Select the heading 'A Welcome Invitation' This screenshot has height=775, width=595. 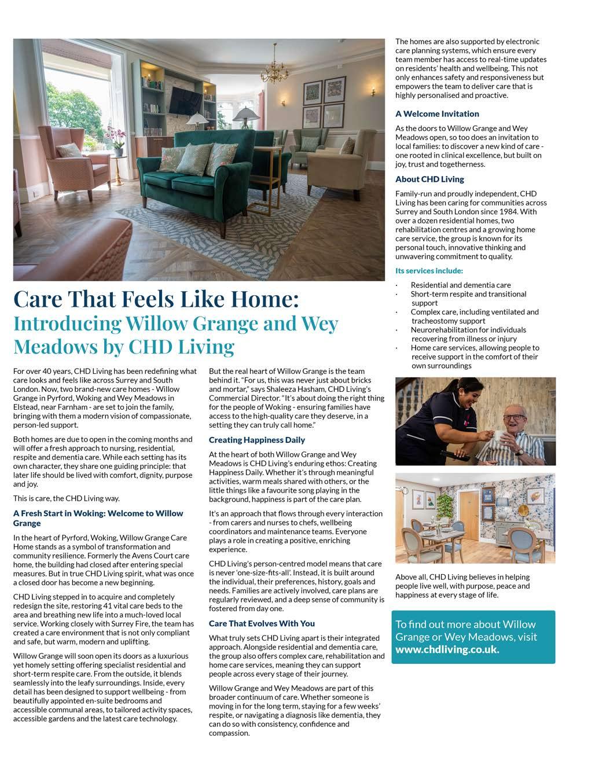(437, 114)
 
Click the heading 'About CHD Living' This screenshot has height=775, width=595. (429, 179)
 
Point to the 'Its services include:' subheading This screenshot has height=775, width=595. (429, 271)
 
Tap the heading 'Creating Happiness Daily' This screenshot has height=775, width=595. (256, 440)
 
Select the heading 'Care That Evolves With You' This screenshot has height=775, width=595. (262, 623)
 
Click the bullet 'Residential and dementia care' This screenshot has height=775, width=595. (461, 285)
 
